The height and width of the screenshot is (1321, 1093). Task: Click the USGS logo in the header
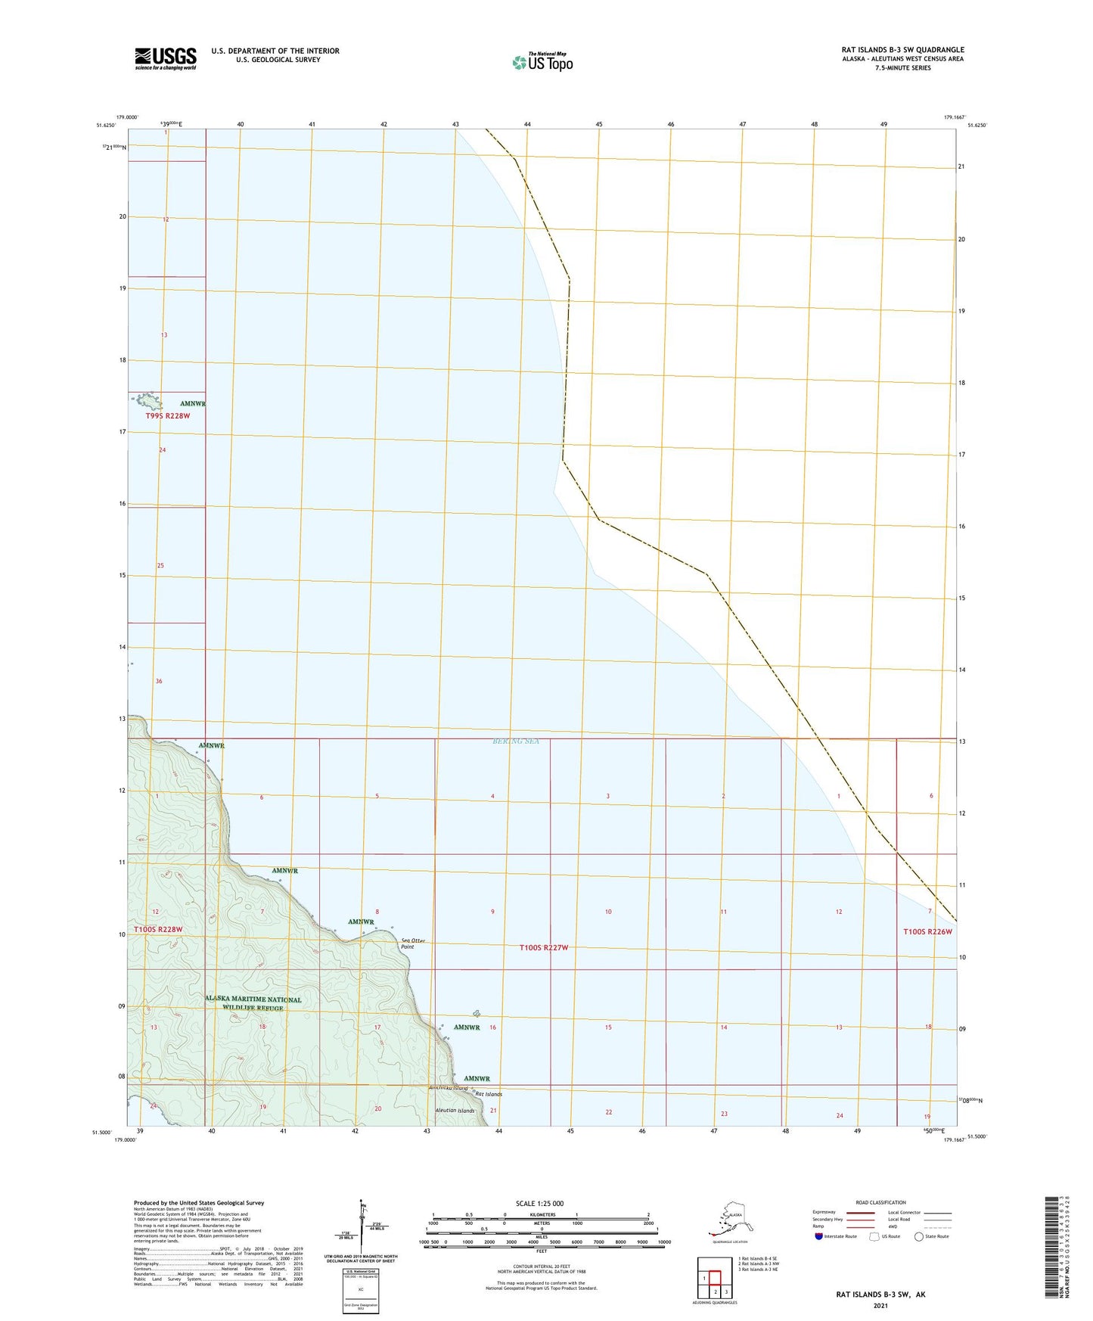pyautogui.click(x=166, y=58)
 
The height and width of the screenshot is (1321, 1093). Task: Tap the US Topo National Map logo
pyautogui.click(x=542, y=61)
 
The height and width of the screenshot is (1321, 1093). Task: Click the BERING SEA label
pyautogui.click(x=516, y=741)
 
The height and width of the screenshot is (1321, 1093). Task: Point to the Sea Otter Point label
pyautogui.click(x=412, y=943)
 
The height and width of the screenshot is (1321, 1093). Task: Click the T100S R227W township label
pyautogui.click(x=543, y=948)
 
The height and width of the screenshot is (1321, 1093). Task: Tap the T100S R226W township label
pyautogui.click(x=927, y=931)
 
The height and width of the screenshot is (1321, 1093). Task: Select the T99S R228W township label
pyautogui.click(x=167, y=415)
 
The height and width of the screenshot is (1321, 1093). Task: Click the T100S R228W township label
pyautogui.click(x=158, y=929)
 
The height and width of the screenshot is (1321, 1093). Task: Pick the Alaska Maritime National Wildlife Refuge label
pyautogui.click(x=253, y=1003)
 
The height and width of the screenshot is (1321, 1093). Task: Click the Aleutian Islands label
pyautogui.click(x=455, y=1111)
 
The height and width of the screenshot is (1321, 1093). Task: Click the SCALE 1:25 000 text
pyautogui.click(x=539, y=1204)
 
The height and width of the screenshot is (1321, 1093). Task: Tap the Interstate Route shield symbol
pyautogui.click(x=818, y=1236)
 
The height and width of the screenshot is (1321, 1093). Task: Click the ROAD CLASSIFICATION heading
pyautogui.click(x=880, y=1202)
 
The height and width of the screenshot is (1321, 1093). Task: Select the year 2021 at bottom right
pyautogui.click(x=880, y=1305)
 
